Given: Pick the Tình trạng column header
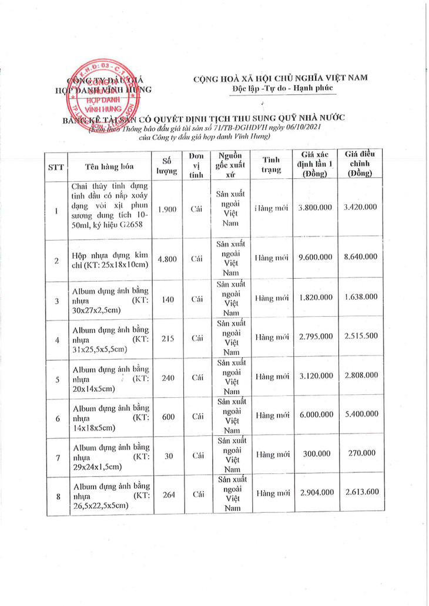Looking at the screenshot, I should pyautogui.click(x=270, y=165).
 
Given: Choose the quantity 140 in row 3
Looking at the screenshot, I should pyautogui.click(x=167, y=299).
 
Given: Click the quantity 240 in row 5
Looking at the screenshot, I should pyautogui.click(x=168, y=378).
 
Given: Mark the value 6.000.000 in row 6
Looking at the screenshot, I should pyautogui.click(x=316, y=415).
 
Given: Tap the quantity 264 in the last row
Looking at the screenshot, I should pyautogui.click(x=168, y=494).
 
